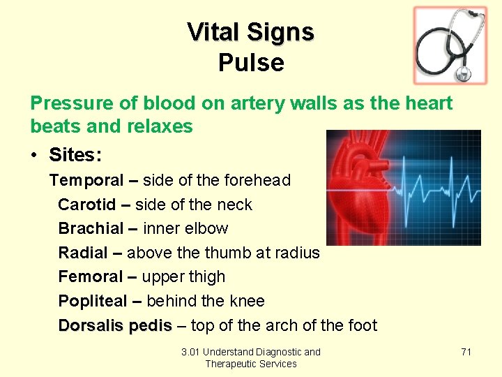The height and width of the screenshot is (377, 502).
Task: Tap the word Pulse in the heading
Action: tap(251, 63)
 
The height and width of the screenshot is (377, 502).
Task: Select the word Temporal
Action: tap(86, 181)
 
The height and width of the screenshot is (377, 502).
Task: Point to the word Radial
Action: tap(83, 253)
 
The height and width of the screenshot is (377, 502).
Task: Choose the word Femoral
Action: tap(90, 276)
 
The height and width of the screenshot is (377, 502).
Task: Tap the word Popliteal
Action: tap(93, 301)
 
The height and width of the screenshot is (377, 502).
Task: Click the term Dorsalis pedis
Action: tap(115, 325)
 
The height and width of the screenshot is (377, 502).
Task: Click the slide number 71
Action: tap(466, 352)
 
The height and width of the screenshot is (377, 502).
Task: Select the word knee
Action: tap(246, 301)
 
